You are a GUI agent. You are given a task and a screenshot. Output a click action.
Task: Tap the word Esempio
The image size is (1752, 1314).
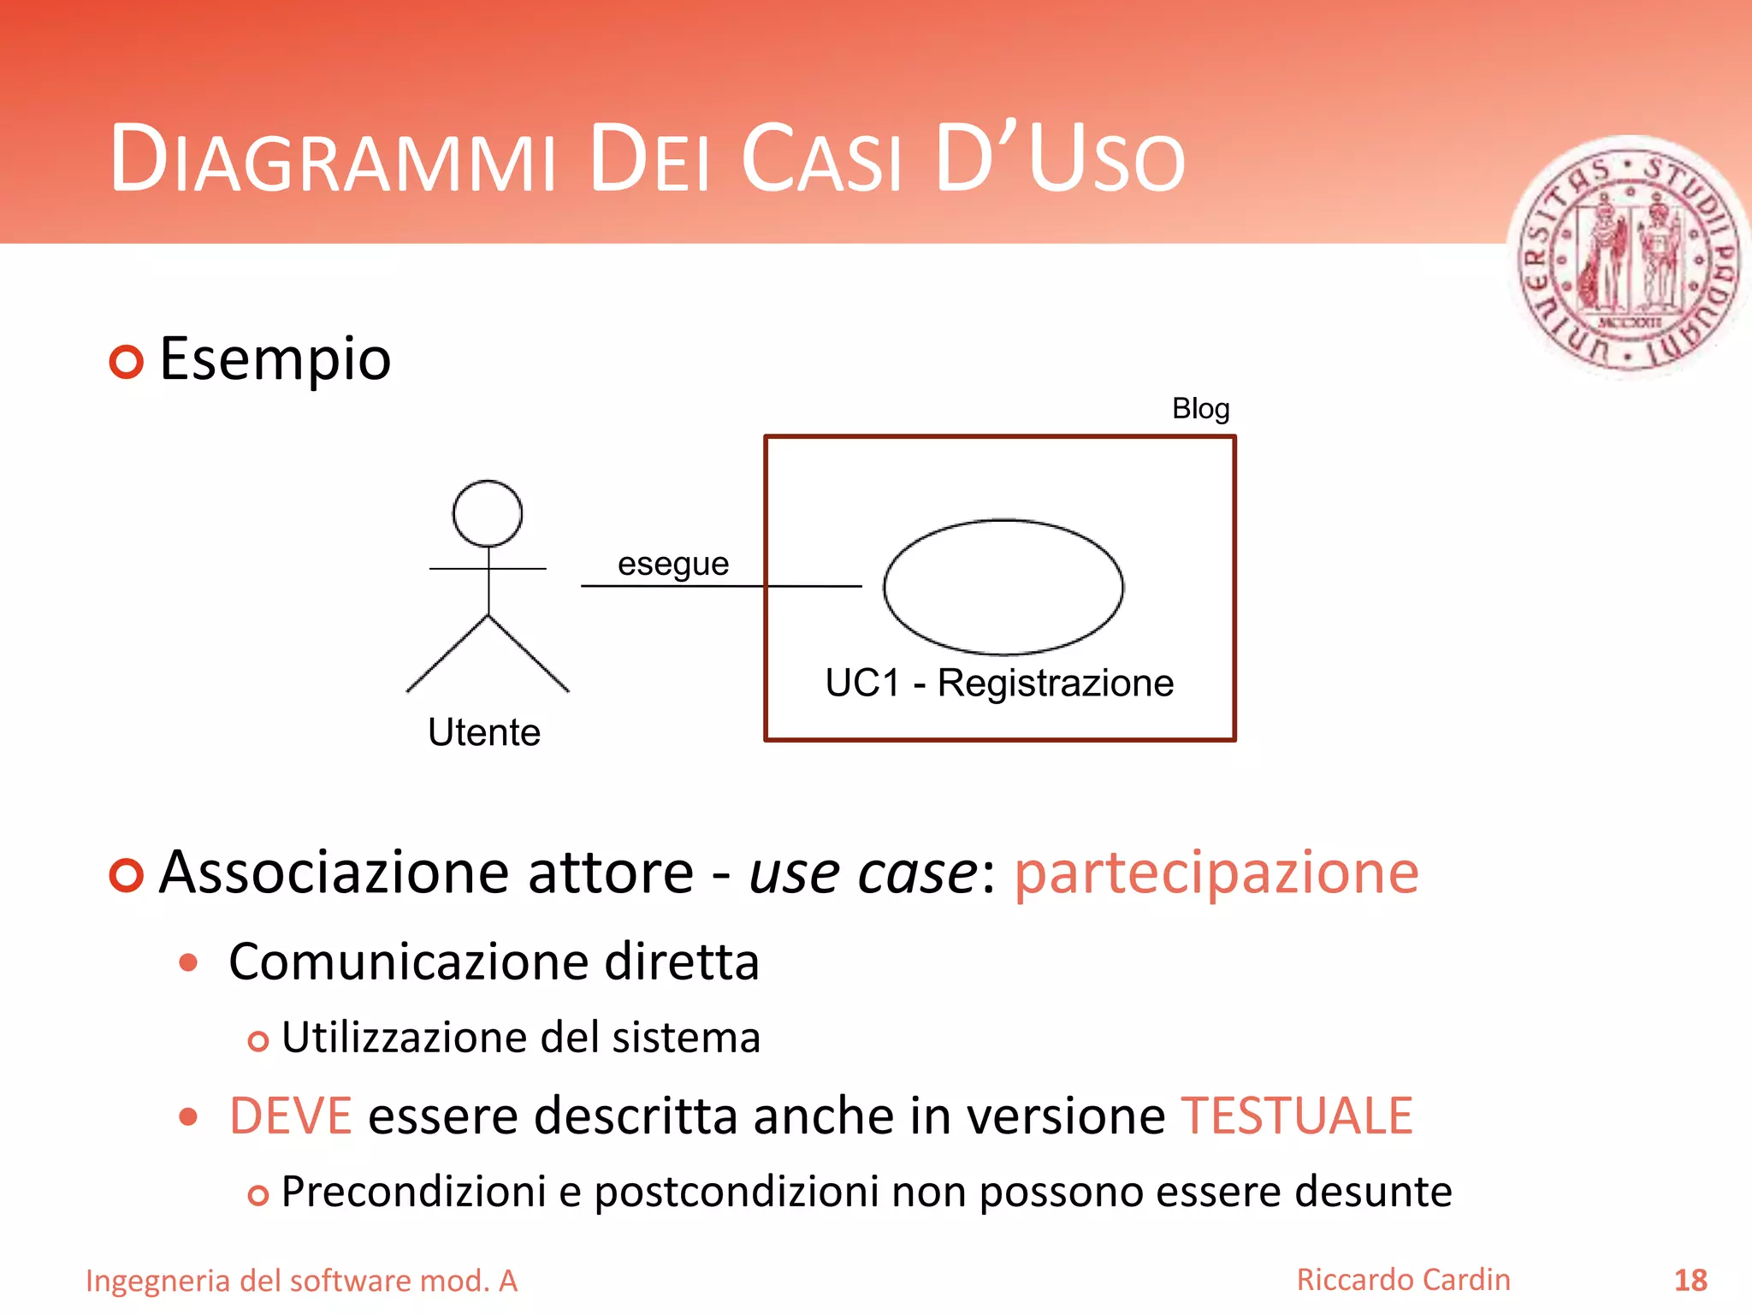pos(275,359)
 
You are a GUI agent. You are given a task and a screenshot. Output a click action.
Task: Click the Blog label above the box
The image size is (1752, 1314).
pos(1200,409)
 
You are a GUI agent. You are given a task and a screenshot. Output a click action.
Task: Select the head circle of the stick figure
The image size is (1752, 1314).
pos(488,513)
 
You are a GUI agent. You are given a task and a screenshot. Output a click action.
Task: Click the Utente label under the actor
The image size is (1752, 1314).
pos(484,733)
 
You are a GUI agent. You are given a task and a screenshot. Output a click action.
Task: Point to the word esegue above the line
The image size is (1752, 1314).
pos(673,565)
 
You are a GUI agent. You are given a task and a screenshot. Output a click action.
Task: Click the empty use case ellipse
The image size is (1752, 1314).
pos(1003,587)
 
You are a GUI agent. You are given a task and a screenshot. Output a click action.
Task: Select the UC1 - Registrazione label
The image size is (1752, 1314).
pos(999,684)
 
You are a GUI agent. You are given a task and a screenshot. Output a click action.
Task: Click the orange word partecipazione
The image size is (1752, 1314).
pos(1216,873)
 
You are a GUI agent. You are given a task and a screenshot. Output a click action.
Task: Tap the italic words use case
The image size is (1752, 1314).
pos(863,873)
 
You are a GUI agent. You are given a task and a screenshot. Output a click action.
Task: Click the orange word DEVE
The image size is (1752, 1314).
pos(291,1116)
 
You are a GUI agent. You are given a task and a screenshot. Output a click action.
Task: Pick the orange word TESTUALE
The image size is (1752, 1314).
pos(1297,1116)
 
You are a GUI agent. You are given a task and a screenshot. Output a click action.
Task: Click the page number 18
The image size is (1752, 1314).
pos(1690,1281)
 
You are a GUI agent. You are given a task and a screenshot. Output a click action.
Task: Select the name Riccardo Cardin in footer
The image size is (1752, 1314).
pos(1403,1280)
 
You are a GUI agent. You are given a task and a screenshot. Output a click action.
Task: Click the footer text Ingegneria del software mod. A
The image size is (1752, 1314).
pos(301,1281)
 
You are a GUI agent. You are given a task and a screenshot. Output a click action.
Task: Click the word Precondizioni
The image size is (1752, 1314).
pos(413,1192)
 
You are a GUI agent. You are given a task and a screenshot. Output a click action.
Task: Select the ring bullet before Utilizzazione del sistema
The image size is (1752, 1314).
pos(257,1041)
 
